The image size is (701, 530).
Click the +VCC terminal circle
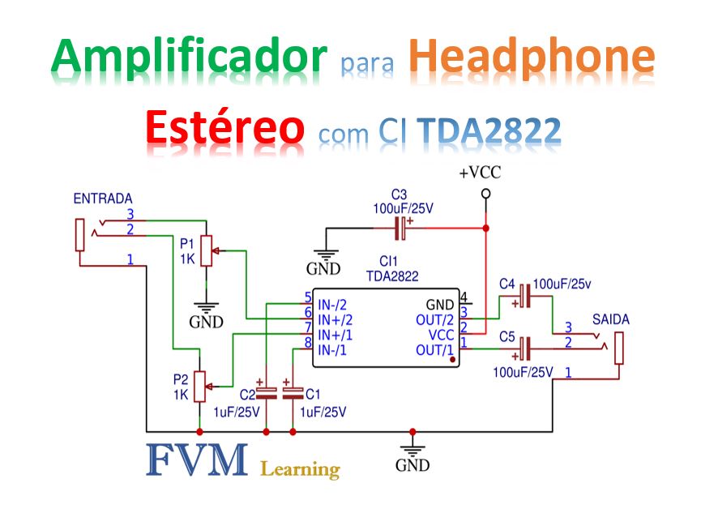(485, 194)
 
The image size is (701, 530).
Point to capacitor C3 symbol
(400, 229)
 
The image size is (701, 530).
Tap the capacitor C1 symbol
(293, 392)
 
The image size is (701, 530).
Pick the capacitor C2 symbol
(267, 392)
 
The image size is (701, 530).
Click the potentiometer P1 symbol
(207, 250)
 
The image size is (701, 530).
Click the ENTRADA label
(103, 199)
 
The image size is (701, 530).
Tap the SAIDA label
(610, 318)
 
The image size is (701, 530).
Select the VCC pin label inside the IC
(441, 334)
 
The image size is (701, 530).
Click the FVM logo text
(197, 459)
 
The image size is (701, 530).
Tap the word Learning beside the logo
(300, 469)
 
